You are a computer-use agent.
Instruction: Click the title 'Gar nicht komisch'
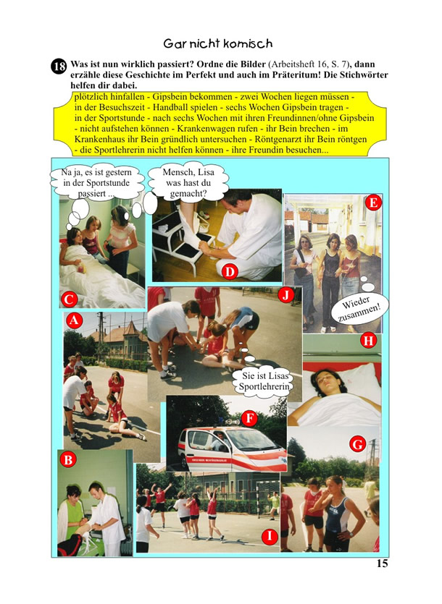point(217,43)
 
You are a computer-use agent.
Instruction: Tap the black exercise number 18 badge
point(59,67)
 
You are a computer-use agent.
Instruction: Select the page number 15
point(382,563)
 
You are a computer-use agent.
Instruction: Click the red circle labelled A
point(74,320)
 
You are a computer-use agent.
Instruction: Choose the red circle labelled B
point(68,459)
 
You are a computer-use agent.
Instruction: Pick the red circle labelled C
point(70,299)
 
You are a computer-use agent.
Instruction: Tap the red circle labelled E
point(373,203)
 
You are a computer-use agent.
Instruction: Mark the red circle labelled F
point(249,418)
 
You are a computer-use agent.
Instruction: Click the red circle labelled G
point(357,445)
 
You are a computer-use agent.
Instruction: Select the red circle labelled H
point(368,341)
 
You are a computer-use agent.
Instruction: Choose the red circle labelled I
point(270,536)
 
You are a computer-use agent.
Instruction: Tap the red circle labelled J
point(285,295)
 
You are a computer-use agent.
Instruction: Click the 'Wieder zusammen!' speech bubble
point(359,309)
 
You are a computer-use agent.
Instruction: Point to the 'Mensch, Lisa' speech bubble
point(188,182)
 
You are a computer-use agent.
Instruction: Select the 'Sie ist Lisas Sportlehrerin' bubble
point(264,381)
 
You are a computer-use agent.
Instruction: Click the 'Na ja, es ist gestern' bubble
point(96,183)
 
